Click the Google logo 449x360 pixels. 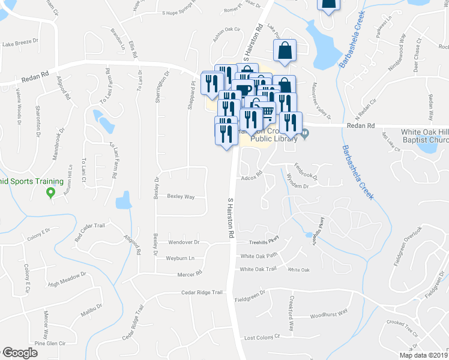(x=20, y=353)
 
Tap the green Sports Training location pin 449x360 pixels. (x=50, y=193)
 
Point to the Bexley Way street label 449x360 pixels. (x=181, y=196)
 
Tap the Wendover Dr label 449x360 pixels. (x=200, y=243)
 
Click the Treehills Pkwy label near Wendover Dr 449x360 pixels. (x=265, y=242)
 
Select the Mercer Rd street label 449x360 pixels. (x=190, y=274)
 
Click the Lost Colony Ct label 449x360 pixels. (x=262, y=337)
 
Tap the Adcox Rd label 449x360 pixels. (x=252, y=178)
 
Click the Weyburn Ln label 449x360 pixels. (x=184, y=258)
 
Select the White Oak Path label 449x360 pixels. (x=258, y=256)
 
